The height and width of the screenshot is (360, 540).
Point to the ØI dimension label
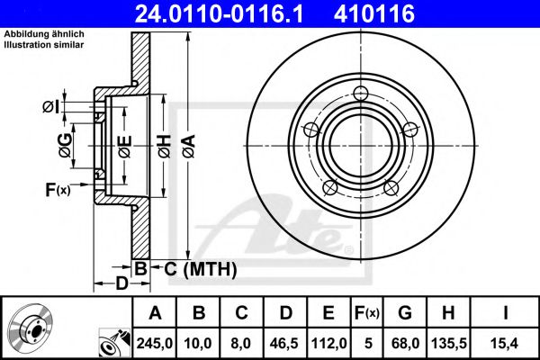pyautogui.click(x=52, y=107)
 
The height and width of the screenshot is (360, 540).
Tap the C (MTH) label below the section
pyautogui.click(x=199, y=268)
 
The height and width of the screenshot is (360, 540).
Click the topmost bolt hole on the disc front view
pyautogui.click(x=362, y=94)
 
